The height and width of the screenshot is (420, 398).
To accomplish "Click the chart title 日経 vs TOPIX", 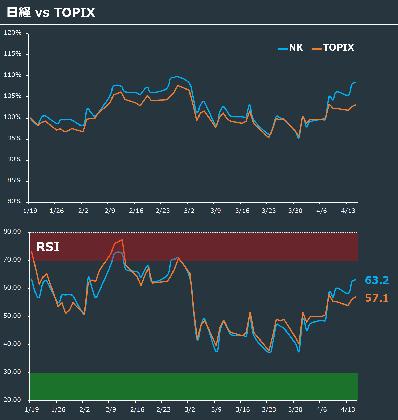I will (51, 12).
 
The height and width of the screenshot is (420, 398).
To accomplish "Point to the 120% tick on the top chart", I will (13, 33).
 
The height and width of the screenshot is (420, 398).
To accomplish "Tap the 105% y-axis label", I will (13, 96).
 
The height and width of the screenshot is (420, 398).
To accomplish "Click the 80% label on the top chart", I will (14, 201).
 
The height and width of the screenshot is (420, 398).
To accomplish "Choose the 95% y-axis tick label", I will (14, 138).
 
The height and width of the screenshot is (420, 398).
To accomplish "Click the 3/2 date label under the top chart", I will (189, 211).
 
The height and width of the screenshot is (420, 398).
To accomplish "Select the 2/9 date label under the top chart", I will (110, 211).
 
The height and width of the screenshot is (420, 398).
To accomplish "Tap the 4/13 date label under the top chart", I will (348, 211).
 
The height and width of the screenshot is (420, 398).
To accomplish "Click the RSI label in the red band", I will (48, 247).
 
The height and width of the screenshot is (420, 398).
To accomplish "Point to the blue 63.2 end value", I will (377, 280).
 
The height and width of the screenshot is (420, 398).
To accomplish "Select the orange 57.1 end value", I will (377, 298).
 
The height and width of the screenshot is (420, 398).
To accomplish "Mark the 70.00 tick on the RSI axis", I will (12, 260).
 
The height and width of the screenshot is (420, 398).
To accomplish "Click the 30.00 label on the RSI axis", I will (12, 372).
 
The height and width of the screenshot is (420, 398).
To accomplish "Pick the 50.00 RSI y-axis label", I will (12, 316).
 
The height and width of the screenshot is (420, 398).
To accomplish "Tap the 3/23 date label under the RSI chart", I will (269, 409).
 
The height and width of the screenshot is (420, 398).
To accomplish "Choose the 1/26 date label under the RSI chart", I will (58, 409).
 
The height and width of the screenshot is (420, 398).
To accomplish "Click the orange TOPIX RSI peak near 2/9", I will (122, 240).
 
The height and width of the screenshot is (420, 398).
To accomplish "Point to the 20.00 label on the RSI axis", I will (12, 400).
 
